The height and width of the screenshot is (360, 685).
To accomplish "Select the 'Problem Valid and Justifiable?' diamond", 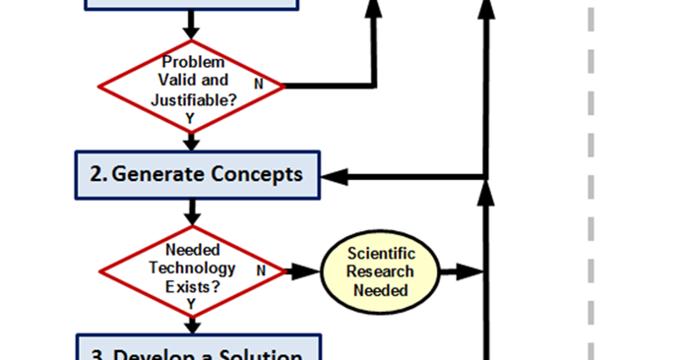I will [x=193, y=86].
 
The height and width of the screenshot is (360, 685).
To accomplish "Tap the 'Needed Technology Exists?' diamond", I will [x=193, y=270].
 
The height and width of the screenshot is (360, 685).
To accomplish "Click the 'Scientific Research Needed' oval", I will [x=381, y=271].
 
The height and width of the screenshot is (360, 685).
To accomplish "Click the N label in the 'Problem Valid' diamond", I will [x=259, y=85].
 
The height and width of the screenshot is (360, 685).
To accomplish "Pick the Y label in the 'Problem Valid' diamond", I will [x=190, y=118].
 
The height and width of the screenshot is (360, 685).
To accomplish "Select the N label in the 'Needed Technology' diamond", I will [x=260, y=270].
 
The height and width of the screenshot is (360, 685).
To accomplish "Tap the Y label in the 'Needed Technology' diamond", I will [x=190, y=304].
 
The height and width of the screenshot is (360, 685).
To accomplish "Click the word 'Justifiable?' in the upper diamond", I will [x=192, y=100].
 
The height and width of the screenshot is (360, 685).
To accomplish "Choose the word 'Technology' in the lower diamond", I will [x=192, y=268].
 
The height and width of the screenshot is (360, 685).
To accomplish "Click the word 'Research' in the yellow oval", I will [x=381, y=271].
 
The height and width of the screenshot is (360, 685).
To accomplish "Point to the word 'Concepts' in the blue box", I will [x=255, y=175].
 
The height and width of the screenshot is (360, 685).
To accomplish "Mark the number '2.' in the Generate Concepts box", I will [x=98, y=175].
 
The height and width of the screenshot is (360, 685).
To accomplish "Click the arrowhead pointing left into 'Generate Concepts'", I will [x=336, y=177].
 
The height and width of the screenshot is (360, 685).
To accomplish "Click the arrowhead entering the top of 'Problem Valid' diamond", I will [x=193, y=31].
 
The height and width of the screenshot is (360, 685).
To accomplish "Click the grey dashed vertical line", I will [x=592, y=197].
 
